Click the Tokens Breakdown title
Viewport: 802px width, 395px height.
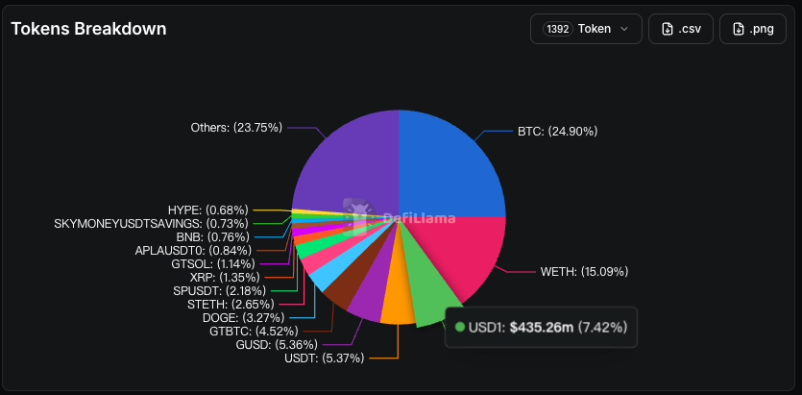click(x=88, y=29)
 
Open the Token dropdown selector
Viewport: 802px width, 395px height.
click(x=586, y=29)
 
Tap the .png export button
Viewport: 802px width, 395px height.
click(x=752, y=29)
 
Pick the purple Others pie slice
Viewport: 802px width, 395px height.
click(x=348, y=163)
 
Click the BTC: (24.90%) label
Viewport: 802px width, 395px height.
click(x=557, y=132)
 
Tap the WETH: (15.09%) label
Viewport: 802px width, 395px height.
click(x=584, y=272)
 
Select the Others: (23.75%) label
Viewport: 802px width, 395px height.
click(x=236, y=128)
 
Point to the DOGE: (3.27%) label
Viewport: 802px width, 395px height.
click(x=243, y=318)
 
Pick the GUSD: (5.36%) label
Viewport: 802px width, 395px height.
click(x=277, y=344)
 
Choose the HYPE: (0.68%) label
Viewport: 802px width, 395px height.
click(x=207, y=210)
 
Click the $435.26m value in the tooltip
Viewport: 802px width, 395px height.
click(x=542, y=327)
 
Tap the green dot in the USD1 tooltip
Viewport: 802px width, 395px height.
click(x=460, y=327)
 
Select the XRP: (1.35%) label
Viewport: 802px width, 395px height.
click(x=225, y=278)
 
